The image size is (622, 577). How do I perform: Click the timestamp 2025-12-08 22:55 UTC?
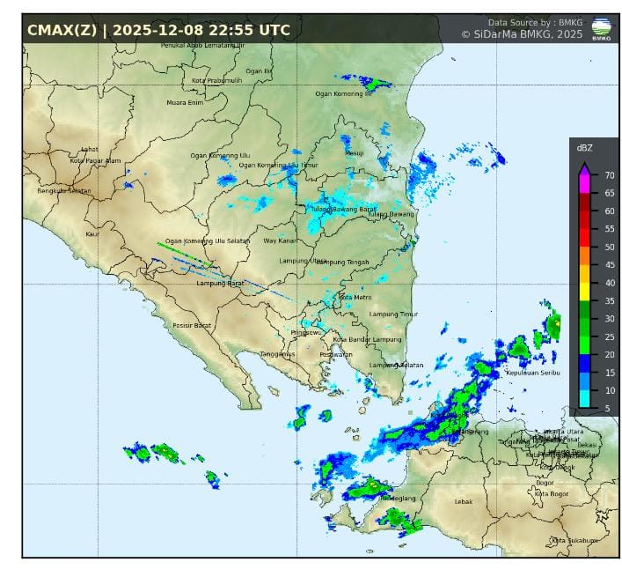coord(201,30)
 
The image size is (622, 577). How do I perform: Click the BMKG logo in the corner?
coord(602,29)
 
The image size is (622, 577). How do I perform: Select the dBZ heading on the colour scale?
coord(584,148)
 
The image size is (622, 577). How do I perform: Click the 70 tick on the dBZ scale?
coord(609,174)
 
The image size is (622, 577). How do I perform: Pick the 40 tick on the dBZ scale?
coord(609,283)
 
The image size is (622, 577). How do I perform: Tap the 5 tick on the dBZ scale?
coord(606,409)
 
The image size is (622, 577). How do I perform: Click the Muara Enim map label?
coord(185,103)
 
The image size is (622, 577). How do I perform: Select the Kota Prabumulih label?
coord(216,80)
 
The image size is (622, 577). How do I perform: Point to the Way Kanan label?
coord(282,240)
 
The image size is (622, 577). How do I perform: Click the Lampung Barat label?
coord(220,283)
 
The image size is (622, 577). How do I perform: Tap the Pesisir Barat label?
coord(192,325)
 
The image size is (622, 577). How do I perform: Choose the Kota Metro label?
coord(355,298)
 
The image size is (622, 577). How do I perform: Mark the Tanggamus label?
coord(277,354)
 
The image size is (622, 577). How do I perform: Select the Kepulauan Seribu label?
coord(533,373)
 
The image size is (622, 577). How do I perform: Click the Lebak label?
coord(463,501)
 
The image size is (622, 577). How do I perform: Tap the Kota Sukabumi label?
coord(571,540)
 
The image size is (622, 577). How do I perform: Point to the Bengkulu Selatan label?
coord(64,191)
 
